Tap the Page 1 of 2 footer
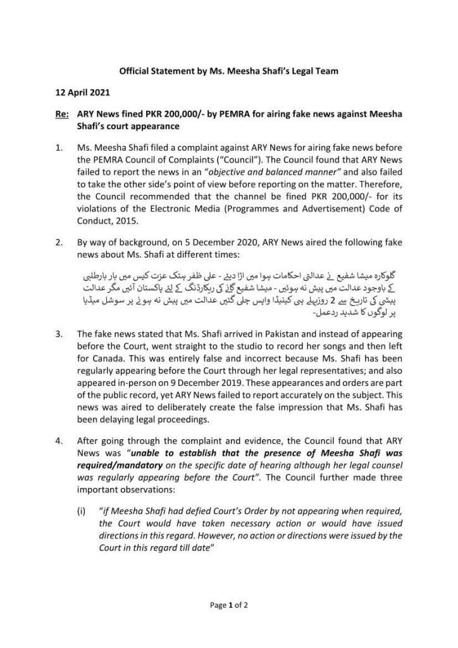(228, 605)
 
